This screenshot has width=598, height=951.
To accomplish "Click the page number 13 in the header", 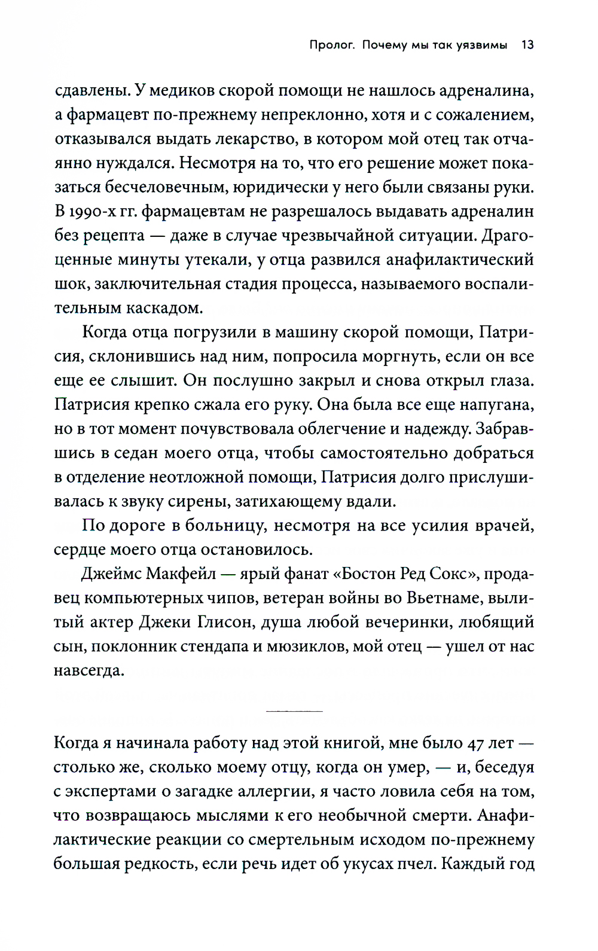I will click(527, 45).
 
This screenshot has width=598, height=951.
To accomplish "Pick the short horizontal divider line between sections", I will click(294, 711).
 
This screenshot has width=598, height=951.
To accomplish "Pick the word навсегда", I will click(89, 670).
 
